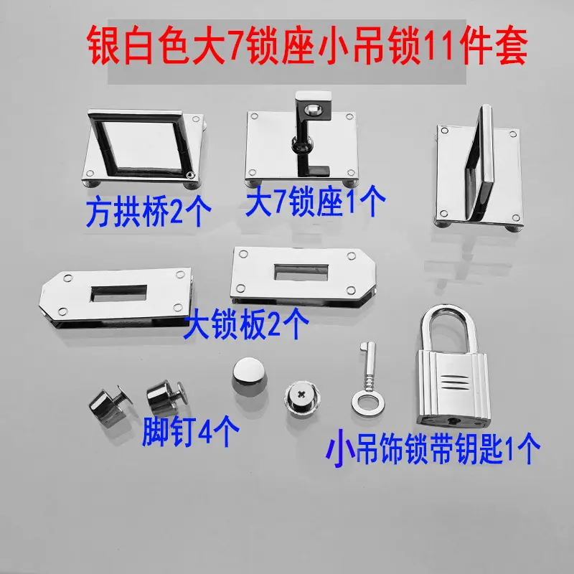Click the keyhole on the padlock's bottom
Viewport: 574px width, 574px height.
pyautogui.click(x=455, y=421)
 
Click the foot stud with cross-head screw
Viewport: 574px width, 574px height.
pyautogui.click(x=302, y=399)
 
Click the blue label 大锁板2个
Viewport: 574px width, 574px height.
pyautogui.click(x=246, y=324)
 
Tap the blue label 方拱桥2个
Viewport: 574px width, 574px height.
pyautogui.click(x=149, y=211)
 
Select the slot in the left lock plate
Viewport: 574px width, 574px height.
pyautogui.click(x=118, y=293)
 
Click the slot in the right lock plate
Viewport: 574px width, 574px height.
pyautogui.click(x=301, y=272)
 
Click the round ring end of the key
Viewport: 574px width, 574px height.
pyautogui.click(x=368, y=404)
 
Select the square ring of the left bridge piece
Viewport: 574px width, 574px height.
pyautogui.click(x=141, y=143)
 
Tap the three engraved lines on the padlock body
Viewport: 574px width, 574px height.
pyautogui.click(x=455, y=382)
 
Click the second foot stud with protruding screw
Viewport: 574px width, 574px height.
pyautogui.click(x=167, y=397)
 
